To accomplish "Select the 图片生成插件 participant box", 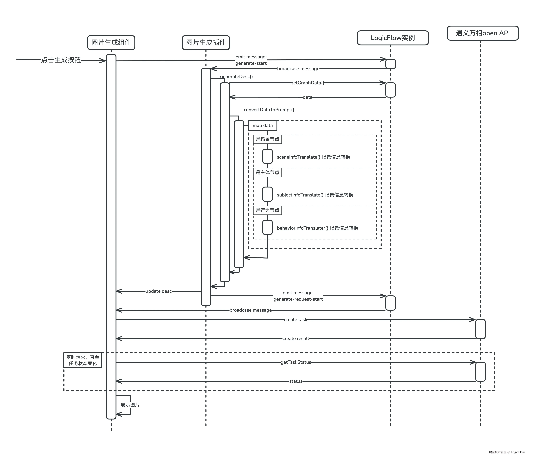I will [206, 42].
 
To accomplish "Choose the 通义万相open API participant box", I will [483, 33].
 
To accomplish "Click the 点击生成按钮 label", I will [61, 60].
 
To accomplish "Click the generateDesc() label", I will [236, 77].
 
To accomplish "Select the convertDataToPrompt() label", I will [269, 110].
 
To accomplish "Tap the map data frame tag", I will [263, 126].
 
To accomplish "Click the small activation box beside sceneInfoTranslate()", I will [267, 156].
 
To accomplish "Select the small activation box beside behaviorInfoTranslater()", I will [267, 227].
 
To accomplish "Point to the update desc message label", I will [158, 291].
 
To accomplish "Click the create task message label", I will [295, 320].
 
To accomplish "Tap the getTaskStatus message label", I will [296, 362].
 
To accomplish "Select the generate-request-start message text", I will [298, 299].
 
